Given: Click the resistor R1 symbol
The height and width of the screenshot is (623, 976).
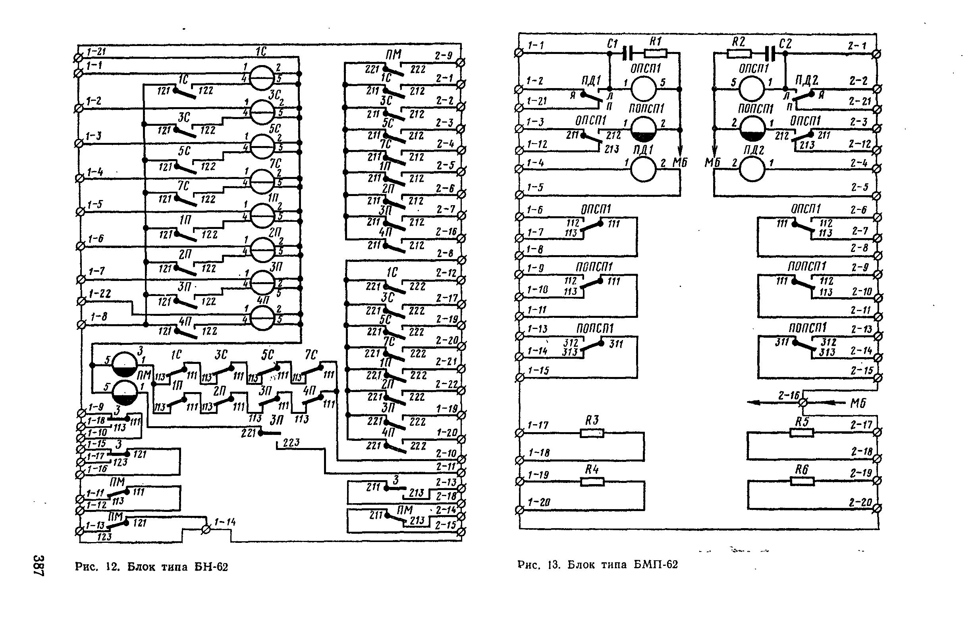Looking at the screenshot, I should [x=656, y=53].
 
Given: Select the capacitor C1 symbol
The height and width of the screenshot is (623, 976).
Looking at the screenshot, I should [x=627, y=53].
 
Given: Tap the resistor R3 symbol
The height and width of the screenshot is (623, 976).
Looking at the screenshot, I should [x=592, y=433].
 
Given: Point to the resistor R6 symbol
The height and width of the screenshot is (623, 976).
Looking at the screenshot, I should [x=802, y=481].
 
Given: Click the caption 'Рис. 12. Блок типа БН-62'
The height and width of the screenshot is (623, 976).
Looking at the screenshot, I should [x=152, y=567].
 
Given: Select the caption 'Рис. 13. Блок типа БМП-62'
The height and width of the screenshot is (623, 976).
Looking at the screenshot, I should [x=598, y=564].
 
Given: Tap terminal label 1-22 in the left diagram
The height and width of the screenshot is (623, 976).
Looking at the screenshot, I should [x=100, y=293].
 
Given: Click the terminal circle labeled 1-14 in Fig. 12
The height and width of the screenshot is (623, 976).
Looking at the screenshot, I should [x=206, y=529].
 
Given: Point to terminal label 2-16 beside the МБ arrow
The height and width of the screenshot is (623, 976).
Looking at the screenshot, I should [x=788, y=395].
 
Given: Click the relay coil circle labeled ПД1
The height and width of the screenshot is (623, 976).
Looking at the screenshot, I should [x=643, y=169].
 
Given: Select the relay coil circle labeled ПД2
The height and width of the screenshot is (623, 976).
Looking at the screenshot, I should [x=753, y=169].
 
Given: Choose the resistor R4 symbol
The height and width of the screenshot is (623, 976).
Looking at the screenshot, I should [x=592, y=482].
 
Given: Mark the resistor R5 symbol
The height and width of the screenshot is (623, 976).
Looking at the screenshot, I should [x=802, y=433].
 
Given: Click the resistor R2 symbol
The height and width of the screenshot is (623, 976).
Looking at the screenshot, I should [x=739, y=53].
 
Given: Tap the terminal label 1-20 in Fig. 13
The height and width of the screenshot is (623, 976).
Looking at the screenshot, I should [x=539, y=502].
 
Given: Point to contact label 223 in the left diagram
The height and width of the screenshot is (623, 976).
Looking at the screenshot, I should [x=291, y=443].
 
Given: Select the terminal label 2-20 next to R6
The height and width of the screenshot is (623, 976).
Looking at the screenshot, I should [x=860, y=503].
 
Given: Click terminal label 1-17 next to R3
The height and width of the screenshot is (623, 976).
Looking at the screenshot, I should [x=538, y=425].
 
